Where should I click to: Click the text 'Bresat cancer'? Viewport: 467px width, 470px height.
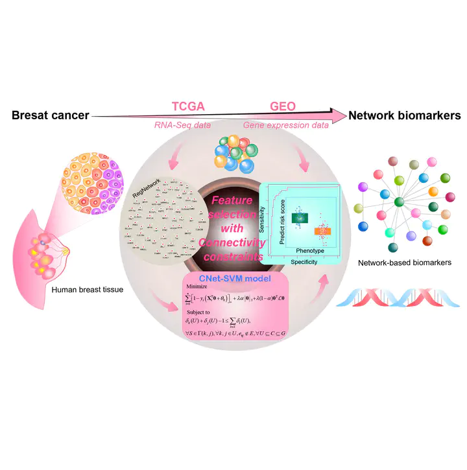(x=49, y=116)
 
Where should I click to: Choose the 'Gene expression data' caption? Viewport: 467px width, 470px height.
(x=285, y=125)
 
